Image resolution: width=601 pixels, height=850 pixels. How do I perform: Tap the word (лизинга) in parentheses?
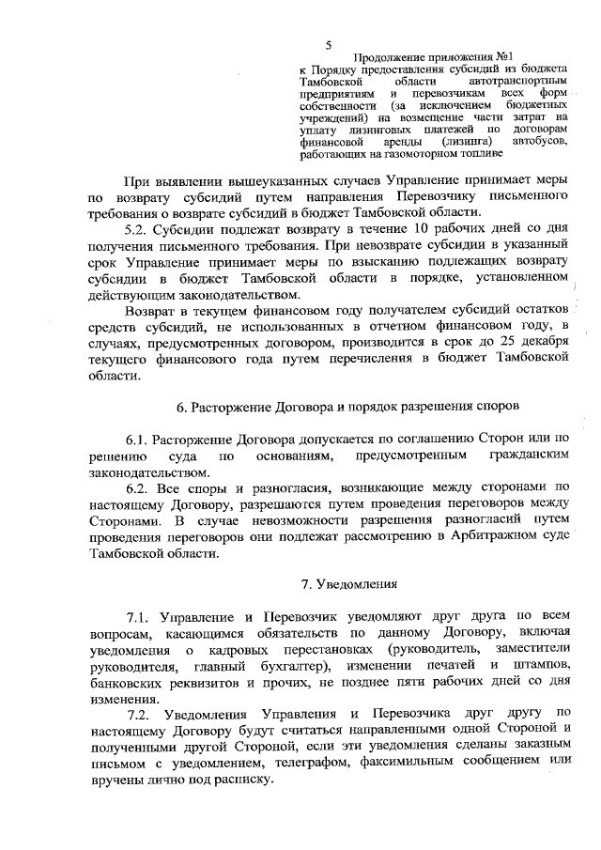[467, 142]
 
